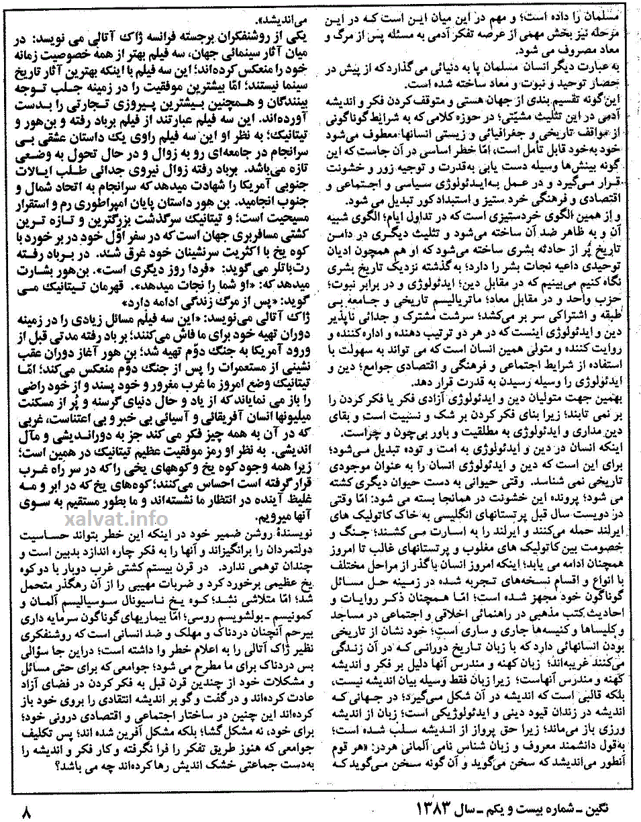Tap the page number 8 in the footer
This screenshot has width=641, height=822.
pyautogui.click(x=27, y=812)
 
